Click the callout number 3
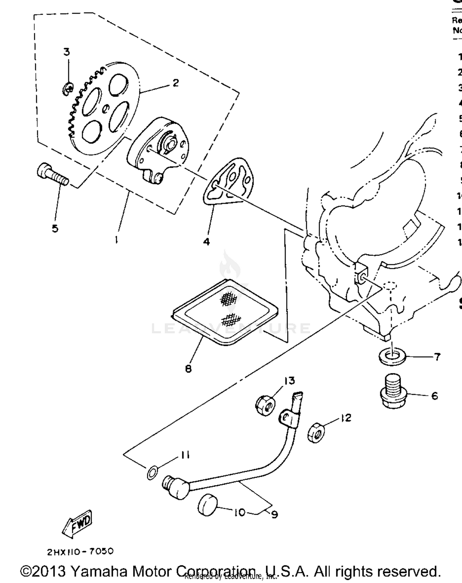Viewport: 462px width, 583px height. click(67, 52)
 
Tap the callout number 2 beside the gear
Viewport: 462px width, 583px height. click(176, 83)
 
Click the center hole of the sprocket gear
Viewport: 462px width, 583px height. click(106, 108)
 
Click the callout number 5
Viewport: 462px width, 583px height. click(55, 229)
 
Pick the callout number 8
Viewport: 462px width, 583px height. click(188, 369)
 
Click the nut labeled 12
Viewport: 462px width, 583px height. click(316, 433)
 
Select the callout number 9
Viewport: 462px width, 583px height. click(274, 514)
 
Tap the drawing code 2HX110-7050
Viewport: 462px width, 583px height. click(80, 551)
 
